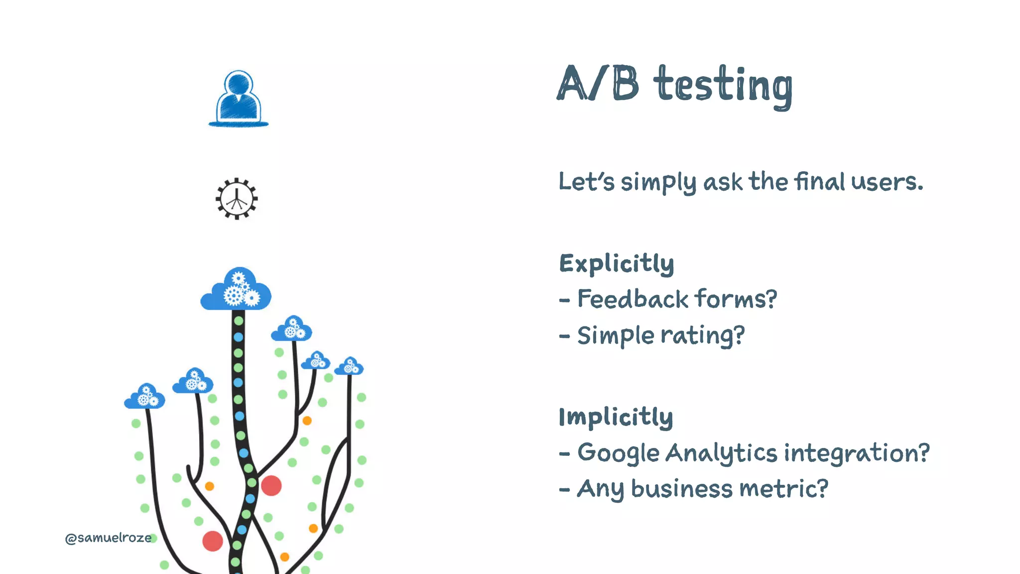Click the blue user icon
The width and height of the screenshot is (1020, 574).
239,99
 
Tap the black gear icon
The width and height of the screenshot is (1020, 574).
237,199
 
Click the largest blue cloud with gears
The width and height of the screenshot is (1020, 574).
236,290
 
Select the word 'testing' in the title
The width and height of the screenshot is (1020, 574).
723,85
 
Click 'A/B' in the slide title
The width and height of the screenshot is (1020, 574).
598,84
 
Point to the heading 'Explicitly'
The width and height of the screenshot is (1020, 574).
617,264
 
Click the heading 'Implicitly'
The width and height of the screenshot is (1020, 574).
616,417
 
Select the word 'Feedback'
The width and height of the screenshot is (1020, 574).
633,299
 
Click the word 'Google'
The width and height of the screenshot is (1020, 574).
618,453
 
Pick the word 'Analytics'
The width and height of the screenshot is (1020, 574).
721,453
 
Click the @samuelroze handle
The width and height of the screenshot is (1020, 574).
108,538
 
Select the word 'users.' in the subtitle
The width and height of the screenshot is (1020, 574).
887,182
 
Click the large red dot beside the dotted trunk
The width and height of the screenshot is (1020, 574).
271,485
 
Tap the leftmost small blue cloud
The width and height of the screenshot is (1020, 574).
144,397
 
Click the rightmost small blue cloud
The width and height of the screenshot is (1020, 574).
349,367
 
